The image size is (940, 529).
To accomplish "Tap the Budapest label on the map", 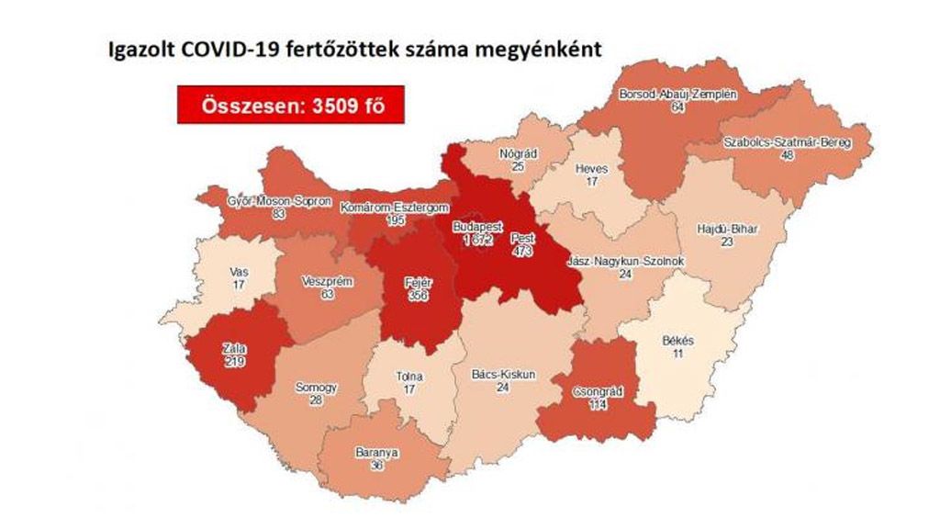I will (476, 226).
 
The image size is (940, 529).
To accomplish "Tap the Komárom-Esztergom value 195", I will (397, 222).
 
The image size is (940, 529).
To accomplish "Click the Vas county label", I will (239, 273).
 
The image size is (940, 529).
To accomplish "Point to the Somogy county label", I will (316, 388).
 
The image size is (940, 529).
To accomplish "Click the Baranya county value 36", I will (376, 466).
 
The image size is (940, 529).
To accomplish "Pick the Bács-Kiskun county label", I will (503, 374).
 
